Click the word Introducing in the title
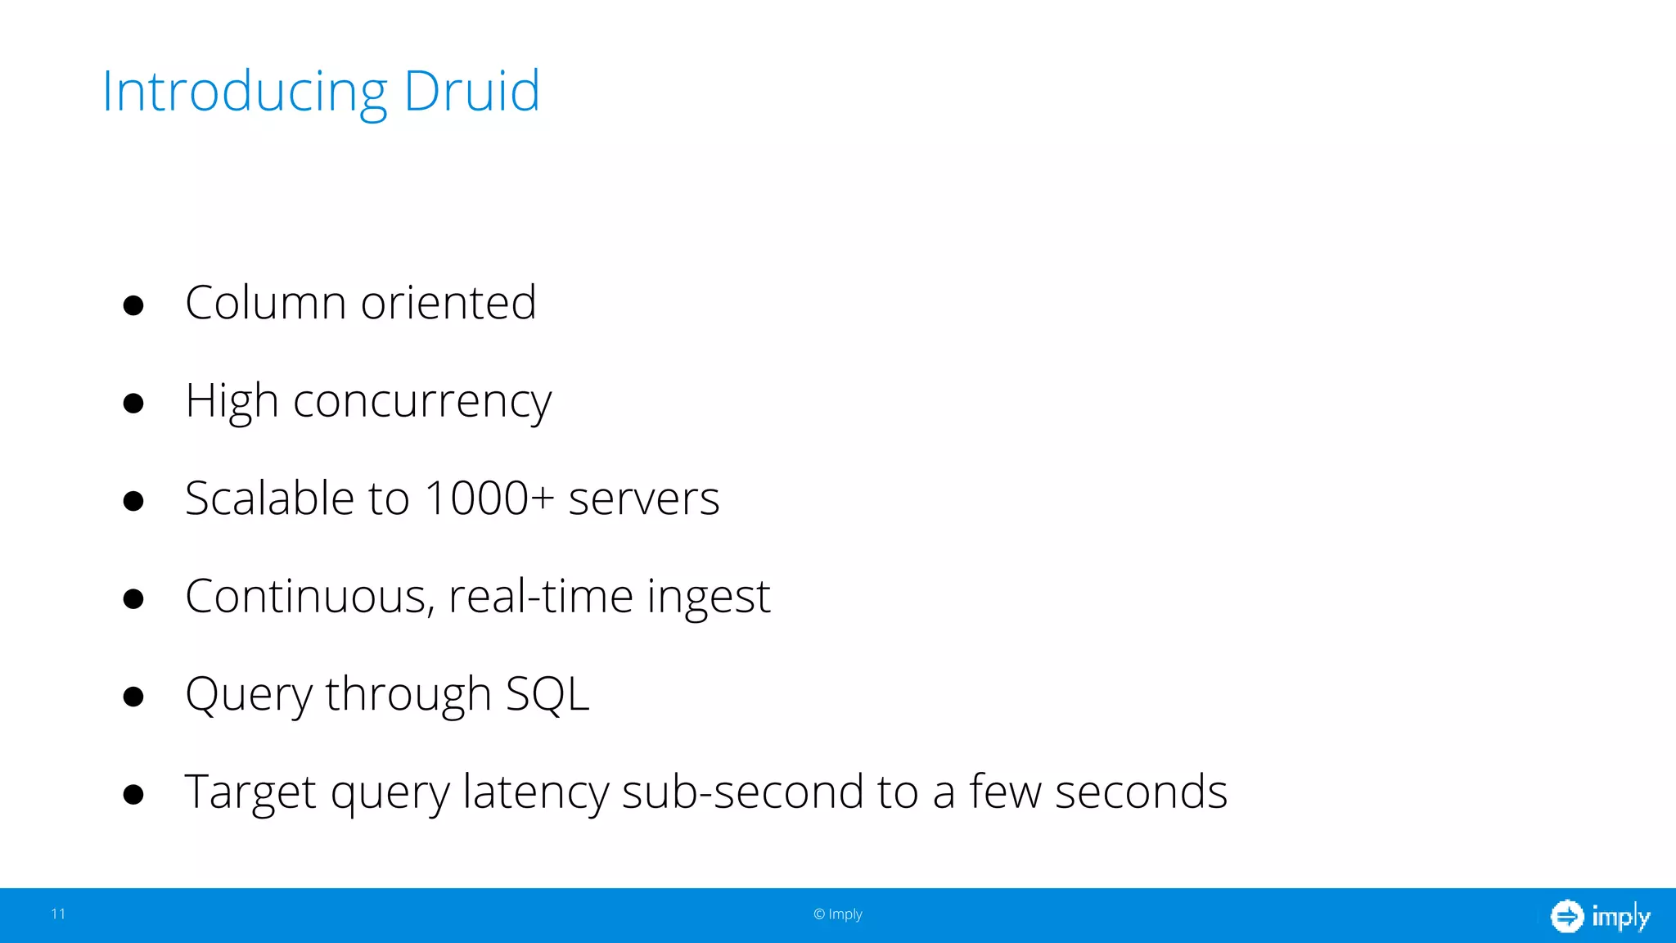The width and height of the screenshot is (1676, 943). (x=244, y=92)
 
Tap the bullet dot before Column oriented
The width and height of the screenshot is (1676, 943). (x=133, y=305)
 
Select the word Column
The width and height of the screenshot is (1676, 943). (x=266, y=302)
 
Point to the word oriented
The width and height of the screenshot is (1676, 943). (x=448, y=302)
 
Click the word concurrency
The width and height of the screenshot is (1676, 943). (x=422, y=402)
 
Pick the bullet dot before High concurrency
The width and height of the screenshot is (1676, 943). (x=133, y=403)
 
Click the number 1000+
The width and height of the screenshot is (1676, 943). (x=489, y=498)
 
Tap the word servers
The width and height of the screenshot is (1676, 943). (x=644, y=499)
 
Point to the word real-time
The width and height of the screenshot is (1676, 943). (x=541, y=596)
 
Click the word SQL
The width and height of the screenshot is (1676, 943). (x=547, y=694)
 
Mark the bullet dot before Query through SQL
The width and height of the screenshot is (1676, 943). (x=133, y=697)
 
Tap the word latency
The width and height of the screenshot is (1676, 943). (x=535, y=792)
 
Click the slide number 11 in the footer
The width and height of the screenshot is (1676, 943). (x=58, y=914)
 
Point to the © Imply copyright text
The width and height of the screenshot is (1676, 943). (x=838, y=914)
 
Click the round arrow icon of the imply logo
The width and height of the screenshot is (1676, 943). (x=1566, y=916)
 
